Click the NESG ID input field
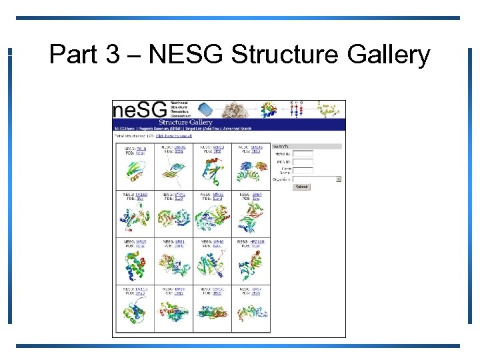click(303, 154)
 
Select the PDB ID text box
click(303, 162)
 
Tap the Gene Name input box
click(303, 171)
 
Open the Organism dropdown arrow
click(339, 179)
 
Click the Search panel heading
click(281, 146)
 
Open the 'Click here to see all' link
click(174, 135)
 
